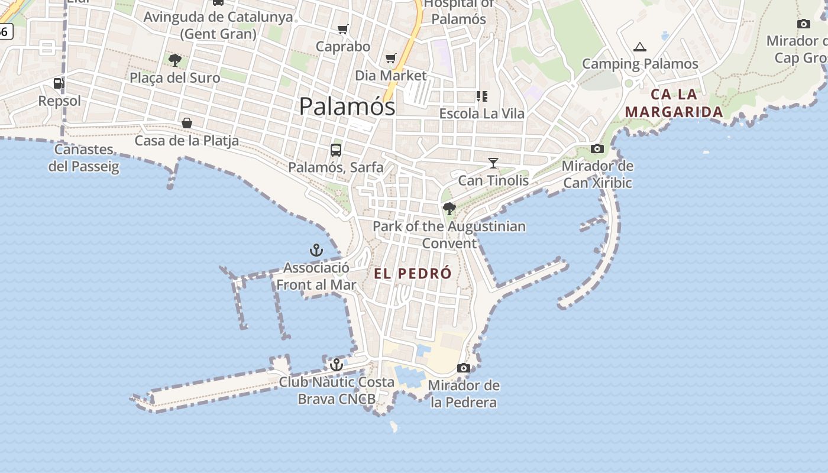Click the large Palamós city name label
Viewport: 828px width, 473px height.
click(347, 106)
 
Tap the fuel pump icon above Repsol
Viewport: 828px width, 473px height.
click(59, 83)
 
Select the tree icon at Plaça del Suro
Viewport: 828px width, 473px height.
click(174, 60)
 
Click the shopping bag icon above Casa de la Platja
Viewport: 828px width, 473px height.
click(187, 123)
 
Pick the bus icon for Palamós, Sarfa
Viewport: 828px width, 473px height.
click(336, 150)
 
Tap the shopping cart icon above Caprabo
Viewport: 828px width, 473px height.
click(342, 29)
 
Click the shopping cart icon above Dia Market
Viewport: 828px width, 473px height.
click(390, 58)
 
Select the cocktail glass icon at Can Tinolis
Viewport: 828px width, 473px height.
click(493, 163)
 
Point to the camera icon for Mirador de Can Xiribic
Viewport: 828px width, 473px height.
click(597, 149)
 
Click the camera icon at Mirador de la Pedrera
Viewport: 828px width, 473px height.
click(464, 368)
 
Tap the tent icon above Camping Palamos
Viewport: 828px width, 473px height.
click(639, 47)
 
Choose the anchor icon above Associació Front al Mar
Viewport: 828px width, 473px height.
click(316, 250)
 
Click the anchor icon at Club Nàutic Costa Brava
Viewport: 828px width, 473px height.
click(337, 365)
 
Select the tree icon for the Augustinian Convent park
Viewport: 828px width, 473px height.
click(449, 209)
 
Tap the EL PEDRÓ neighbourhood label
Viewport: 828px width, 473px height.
click(413, 274)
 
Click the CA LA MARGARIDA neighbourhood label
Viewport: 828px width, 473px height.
click(674, 103)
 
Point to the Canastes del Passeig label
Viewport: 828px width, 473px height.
click(84, 158)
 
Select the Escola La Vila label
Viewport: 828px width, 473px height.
click(481, 114)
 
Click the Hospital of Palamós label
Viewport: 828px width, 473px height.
click(459, 11)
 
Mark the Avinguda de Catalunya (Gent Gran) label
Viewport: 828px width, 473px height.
click(218, 25)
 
